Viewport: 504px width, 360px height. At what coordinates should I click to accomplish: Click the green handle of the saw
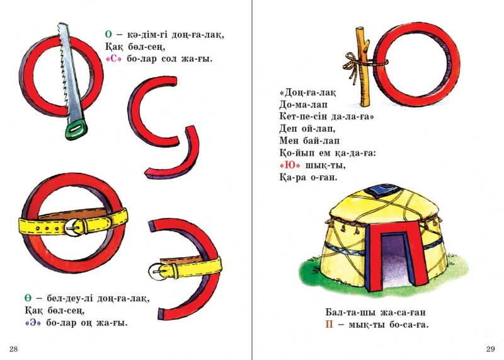pos(76,129)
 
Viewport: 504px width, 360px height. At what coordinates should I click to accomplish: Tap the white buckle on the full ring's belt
pos(74,228)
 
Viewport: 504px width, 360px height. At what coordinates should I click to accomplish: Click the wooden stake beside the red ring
pos(364,67)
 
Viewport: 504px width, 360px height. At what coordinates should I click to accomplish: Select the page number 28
pos(13,349)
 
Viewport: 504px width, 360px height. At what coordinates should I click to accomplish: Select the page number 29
pos(491,349)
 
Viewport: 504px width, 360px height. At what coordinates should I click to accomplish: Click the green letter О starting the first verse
pos(108,35)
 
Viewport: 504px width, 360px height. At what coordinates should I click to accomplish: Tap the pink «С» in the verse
pos(114,59)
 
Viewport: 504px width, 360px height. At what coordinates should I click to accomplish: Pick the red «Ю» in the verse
pos(290,165)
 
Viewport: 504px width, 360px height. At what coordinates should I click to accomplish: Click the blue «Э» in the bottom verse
pos(33,323)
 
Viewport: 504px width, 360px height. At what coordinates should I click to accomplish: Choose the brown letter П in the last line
pos(329,324)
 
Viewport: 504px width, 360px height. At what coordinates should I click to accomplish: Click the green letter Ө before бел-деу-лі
pos(28,298)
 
